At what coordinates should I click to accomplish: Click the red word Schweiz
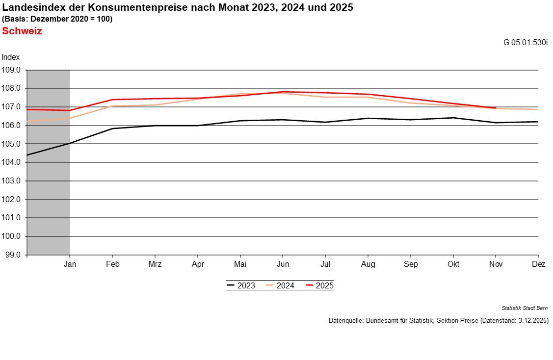[22, 31]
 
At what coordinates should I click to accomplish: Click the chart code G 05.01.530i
[525, 42]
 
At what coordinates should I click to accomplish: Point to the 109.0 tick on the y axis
[11, 70]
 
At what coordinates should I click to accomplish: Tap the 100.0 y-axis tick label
[11, 236]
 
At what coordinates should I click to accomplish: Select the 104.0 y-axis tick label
[11, 162]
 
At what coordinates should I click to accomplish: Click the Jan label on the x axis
[70, 264]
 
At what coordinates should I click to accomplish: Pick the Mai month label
[240, 264]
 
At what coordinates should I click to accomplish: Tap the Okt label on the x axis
[453, 264]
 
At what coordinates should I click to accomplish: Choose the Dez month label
[538, 264]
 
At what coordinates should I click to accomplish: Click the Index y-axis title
[11, 57]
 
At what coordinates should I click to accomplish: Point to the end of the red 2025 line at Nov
[496, 108]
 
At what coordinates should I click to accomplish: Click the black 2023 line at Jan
[70, 143]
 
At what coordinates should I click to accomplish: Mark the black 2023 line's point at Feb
[112, 129]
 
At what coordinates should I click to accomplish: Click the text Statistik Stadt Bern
[525, 308]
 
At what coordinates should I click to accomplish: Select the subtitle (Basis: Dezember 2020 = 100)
[57, 19]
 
